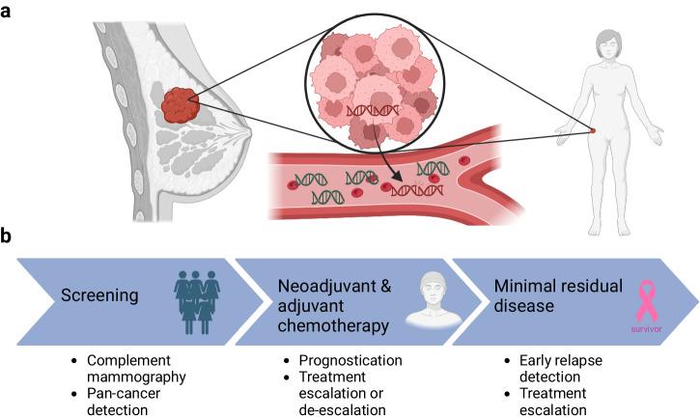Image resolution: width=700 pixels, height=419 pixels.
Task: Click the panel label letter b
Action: pos(8,235)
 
